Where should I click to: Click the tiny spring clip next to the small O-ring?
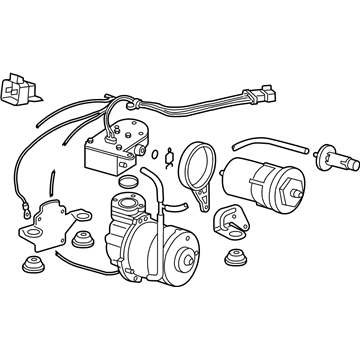click(167, 153)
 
